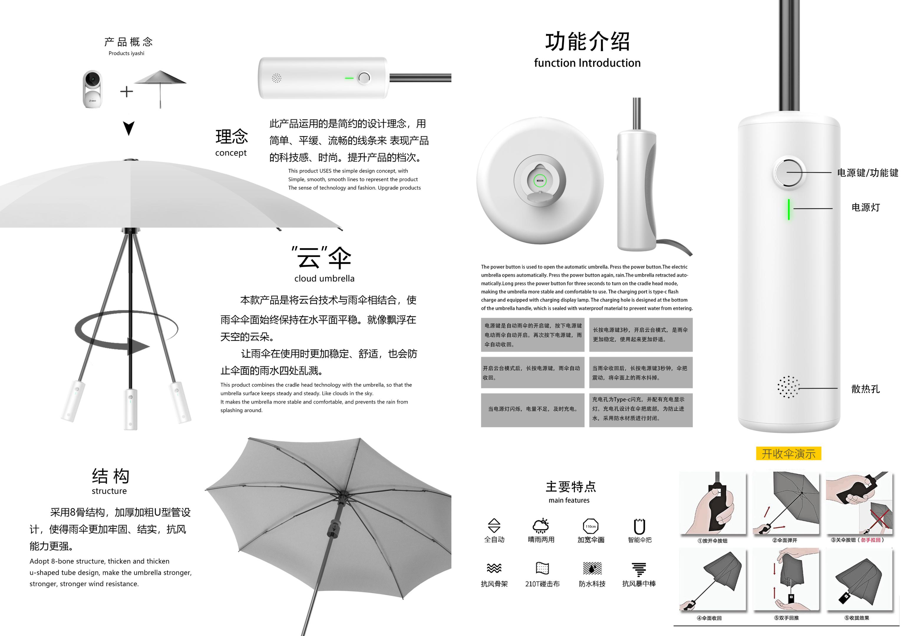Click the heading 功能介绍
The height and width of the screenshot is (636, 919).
click(x=587, y=42)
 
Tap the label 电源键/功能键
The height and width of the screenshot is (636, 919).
click(x=867, y=173)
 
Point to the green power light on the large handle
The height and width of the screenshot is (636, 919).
click(x=789, y=209)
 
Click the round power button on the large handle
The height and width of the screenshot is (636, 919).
click(x=788, y=173)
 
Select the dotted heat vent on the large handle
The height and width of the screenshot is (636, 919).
click(x=788, y=387)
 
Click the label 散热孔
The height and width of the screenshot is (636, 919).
click(x=865, y=389)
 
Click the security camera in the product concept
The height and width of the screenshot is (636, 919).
click(x=92, y=89)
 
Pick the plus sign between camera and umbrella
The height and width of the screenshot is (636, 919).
click(x=126, y=92)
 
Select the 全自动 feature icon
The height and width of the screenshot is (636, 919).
click(x=494, y=526)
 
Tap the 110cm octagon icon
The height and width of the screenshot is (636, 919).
click(x=590, y=526)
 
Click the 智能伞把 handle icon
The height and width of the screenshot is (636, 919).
click(x=639, y=526)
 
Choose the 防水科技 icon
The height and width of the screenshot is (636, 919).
click(x=592, y=568)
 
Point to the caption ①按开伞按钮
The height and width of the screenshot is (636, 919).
click(x=712, y=541)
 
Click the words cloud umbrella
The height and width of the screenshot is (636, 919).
click(x=324, y=279)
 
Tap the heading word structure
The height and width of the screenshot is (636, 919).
click(x=109, y=491)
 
